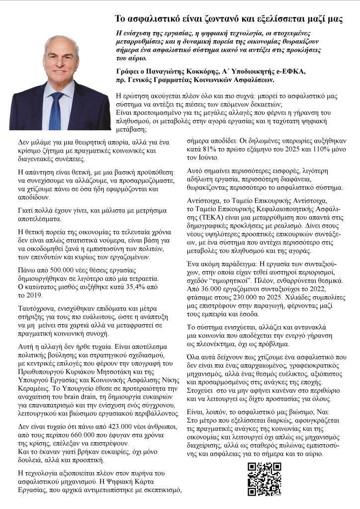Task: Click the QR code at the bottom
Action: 265,479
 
